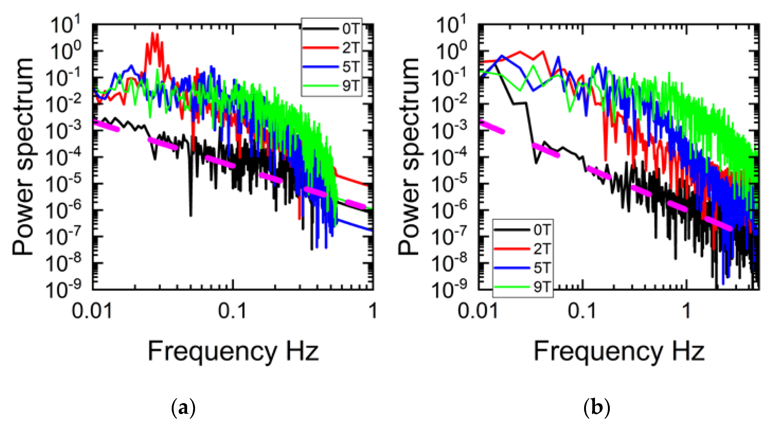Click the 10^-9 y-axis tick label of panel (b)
[x=449, y=289]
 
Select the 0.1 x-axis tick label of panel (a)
[x=232, y=311]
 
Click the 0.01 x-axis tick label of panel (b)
[x=478, y=311]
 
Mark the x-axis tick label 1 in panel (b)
[x=686, y=311]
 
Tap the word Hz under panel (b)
[x=688, y=351]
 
